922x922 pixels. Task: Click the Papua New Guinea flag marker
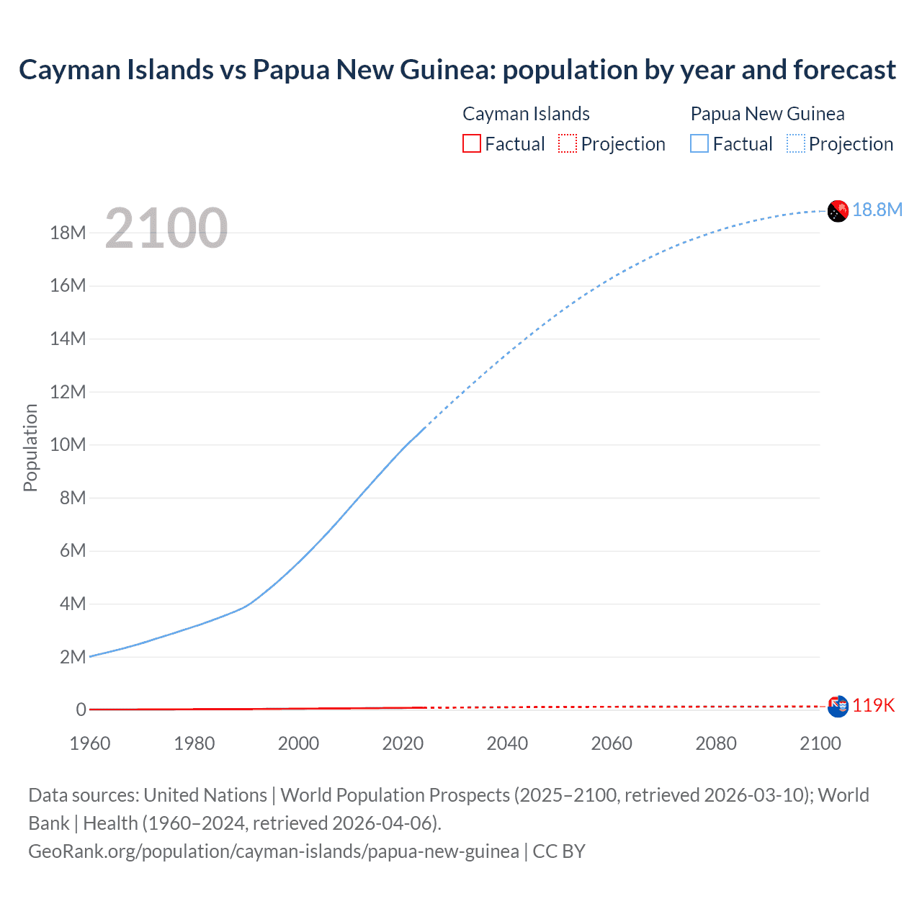tap(838, 211)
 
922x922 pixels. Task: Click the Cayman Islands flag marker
tap(838, 707)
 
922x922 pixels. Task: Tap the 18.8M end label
tap(877, 210)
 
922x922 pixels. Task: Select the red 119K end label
tap(873, 705)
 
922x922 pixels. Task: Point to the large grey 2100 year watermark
tap(166, 228)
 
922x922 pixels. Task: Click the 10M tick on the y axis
tap(68, 444)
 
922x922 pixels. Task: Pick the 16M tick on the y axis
tap(68, 286)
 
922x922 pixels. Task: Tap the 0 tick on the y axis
tap(81, 710)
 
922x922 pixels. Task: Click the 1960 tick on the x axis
tap(90, 743)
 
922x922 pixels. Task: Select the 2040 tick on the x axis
tap(507, 743)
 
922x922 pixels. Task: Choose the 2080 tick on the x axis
tap(716, 743)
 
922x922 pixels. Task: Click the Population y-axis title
tap(30, 447)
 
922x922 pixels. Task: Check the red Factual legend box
tap(472, 143)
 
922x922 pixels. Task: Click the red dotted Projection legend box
tap(568, 143)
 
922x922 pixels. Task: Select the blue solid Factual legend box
tap(699, 143)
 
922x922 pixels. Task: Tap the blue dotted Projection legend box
tap(796, 143)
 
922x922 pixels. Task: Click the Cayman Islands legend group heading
tap(526, 114)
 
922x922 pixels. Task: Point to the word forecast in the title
tap(844, 70)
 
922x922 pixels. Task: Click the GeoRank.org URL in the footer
tap(274, 851)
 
